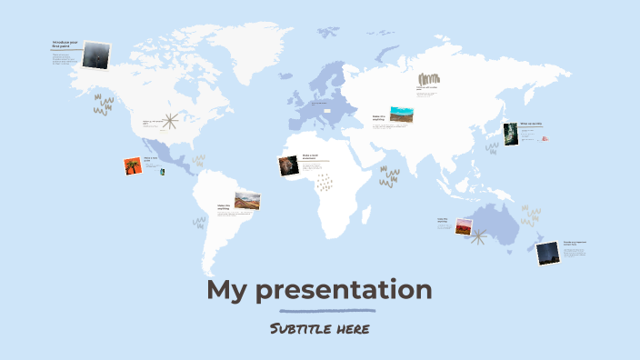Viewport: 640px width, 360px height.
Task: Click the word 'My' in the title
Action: point(227,291)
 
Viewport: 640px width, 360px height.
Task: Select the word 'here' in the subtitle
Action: point(351,328)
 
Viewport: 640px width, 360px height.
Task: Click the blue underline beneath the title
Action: point(320,311)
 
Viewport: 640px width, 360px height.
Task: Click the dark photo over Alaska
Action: point(95,55)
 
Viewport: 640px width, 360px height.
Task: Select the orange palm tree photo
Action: point(134,165)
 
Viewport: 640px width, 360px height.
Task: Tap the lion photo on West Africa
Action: point(289,165)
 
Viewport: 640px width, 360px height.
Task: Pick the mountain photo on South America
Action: point(247,200)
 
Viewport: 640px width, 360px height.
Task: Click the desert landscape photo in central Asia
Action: point(402,115)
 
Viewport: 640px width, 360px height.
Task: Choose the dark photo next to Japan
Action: point(511,134)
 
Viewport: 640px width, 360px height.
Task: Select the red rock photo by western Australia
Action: point(465,226)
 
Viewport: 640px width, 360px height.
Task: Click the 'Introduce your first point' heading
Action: point(66,44)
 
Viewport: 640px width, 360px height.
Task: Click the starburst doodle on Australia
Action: point(479,238)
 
